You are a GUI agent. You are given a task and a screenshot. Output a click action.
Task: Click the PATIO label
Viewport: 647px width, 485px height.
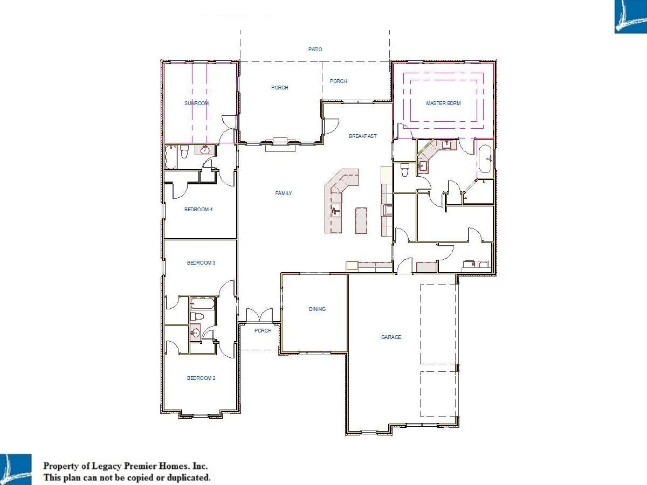(x=315, y=49)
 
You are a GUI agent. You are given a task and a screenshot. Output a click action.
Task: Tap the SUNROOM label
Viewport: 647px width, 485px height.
(x=197, y=103)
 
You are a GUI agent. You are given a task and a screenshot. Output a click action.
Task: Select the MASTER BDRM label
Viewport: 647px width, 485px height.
(x=443, y=103)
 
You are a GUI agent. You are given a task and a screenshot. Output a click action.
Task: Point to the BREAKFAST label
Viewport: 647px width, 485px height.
(x=362, y=136)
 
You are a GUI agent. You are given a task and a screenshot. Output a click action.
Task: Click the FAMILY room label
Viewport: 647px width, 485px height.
(x=283, y=193)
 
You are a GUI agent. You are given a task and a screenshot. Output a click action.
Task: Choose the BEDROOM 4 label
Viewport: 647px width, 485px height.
(x=198, y=210)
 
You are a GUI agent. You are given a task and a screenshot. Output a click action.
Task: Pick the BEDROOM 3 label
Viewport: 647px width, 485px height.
(x=201, y=262)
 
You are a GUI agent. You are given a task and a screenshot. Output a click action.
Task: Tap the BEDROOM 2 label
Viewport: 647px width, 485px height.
(x=201, y=378)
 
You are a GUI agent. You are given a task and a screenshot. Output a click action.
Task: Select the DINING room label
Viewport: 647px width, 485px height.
(x=317, y=309)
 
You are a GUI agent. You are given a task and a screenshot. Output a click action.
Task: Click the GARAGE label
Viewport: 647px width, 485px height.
(x=391, y=337)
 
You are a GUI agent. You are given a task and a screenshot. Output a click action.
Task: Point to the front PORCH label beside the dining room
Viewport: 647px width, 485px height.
(x=263, y=331)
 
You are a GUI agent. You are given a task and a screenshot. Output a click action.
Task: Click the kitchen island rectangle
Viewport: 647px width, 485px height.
(x=361, y=220)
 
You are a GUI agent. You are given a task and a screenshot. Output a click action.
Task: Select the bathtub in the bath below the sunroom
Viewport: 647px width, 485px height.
(x=170, y=157)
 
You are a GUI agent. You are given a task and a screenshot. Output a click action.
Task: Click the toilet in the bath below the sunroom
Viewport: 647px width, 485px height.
(x=184, y=151)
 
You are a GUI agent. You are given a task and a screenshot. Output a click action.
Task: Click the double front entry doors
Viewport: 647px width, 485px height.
(x=259, y=315)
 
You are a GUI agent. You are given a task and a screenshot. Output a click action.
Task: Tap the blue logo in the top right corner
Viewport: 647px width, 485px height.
(x=630, y=17)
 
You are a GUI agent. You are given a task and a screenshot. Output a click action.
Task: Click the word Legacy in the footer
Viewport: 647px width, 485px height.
(x=106, y=466)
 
